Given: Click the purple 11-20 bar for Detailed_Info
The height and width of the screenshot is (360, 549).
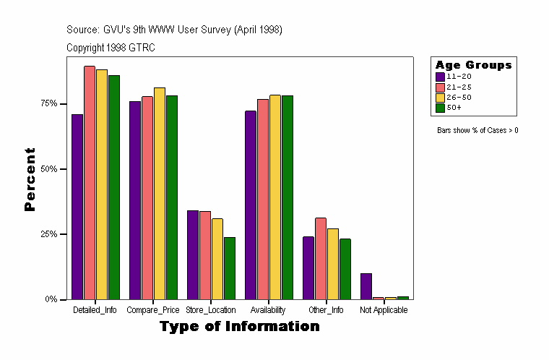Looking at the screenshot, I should [x=77, y=207].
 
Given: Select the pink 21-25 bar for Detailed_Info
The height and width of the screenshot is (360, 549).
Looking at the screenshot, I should [x=90, y=183].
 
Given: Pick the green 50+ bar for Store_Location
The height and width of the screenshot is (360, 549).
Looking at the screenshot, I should [x=230, y=268].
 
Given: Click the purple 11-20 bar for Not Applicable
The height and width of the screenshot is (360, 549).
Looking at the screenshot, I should [x=366, y=286].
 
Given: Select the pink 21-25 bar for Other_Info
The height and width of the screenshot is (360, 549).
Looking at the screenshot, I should [x=321, y=259].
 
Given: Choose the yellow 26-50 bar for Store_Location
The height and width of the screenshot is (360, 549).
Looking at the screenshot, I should [x=217, y=259].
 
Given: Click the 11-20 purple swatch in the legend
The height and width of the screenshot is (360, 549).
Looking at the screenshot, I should [x=440, y=76].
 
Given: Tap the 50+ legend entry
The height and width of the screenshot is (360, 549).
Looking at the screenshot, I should [x=454, y=108].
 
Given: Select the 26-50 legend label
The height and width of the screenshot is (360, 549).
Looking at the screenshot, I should [x=459, y=97].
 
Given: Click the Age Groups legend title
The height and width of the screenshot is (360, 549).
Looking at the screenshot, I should [x=473, y=65].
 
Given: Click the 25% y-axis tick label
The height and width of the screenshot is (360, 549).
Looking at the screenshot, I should [x=49, y=234].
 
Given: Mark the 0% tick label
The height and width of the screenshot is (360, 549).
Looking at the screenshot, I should [x=51, y=299].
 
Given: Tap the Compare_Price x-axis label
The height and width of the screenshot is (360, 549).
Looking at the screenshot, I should [x=153, y=310].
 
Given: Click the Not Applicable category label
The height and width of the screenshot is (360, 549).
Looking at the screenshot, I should [x=384, y=310].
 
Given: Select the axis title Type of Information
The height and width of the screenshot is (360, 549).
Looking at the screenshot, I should [x=239, y=327].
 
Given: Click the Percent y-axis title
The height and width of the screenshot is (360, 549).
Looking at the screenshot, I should [x=30, y=179].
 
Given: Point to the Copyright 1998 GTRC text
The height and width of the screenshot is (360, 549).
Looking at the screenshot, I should [x=111, y=48].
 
